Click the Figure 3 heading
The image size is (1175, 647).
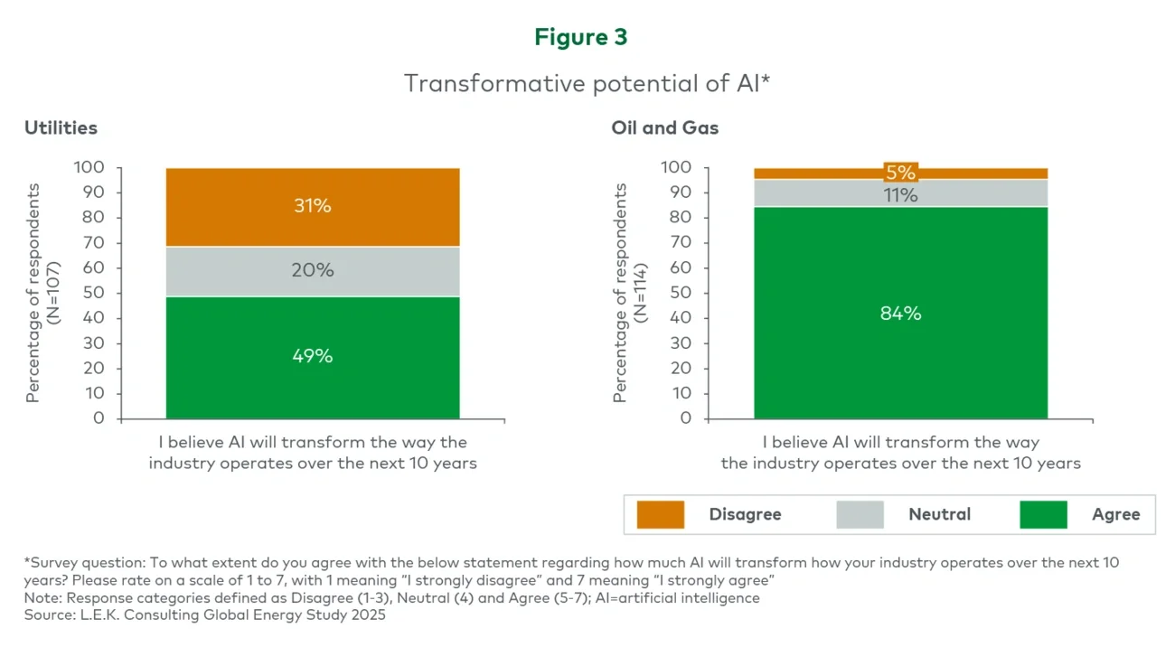[x=580, y=37]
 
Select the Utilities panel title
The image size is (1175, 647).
[x=61, y=128]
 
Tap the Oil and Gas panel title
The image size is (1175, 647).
[x=664, y=128]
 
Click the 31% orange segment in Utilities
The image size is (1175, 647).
[x=313, y=207]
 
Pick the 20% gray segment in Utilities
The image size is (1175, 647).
[x=313, y=271]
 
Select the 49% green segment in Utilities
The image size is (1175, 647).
[x=313, y=357]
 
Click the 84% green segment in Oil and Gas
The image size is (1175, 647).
[x=900, y=314]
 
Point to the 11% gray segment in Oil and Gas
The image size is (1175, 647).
[x=900, y=194]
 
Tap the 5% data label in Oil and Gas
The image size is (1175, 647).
[x=900, y=173]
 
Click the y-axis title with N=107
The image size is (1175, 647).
[x=41, y=293]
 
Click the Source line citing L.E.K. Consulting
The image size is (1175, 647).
[x=205, y=615]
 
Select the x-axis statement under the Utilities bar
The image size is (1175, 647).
[x=313, y=453]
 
